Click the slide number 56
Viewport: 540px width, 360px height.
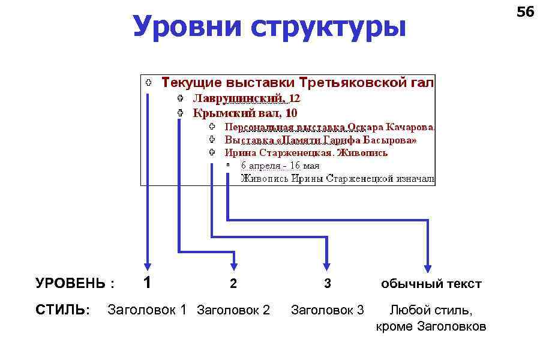pos(525,11)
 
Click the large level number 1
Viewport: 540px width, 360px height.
pos(147,282)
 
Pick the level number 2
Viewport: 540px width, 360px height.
pos(234,284)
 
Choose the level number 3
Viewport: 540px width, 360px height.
pos(327,284)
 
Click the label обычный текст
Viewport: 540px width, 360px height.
pos(431,284)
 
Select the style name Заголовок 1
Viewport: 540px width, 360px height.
pos(147,310)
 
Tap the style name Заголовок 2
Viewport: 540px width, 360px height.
pos(233,310)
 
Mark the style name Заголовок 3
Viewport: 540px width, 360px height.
pos(327,310)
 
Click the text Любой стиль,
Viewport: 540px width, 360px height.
pos(431,310)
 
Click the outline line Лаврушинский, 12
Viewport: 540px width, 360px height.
pos(246,98)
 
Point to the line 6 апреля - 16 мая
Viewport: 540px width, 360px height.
pos(280,165)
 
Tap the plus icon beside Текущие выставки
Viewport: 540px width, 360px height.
pos(148,82)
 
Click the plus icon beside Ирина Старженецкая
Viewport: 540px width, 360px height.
pos(212,152)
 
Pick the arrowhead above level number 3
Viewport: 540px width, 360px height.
pos(326,265)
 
